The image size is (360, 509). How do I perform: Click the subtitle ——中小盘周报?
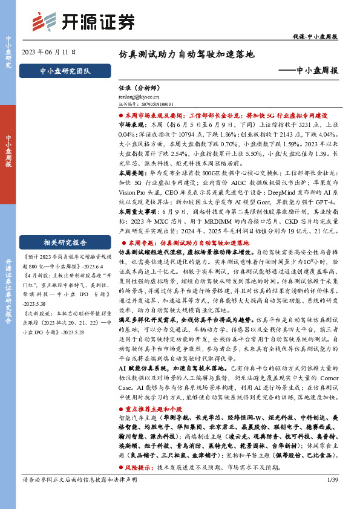[310, 71]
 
